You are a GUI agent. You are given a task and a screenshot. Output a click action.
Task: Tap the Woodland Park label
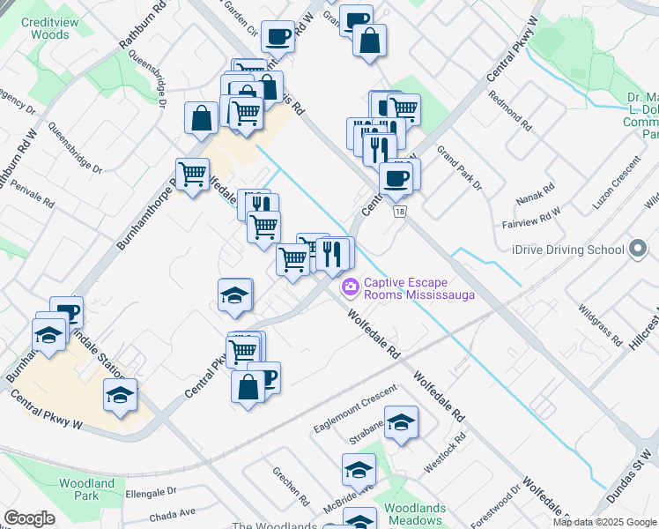pyautogui.click(x=86, y=489)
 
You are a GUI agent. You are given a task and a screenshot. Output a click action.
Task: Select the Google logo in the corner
pyautogui.click(x=29, y=518)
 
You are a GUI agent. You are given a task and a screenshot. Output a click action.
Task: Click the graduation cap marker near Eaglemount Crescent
pyautogui.click(x=401, y=424)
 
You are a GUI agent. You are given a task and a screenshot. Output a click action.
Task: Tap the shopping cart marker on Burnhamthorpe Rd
pyautogui.click(x=192, y=173)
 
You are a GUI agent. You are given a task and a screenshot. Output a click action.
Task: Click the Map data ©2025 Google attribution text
pyautogui.click(x=603, y=522)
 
